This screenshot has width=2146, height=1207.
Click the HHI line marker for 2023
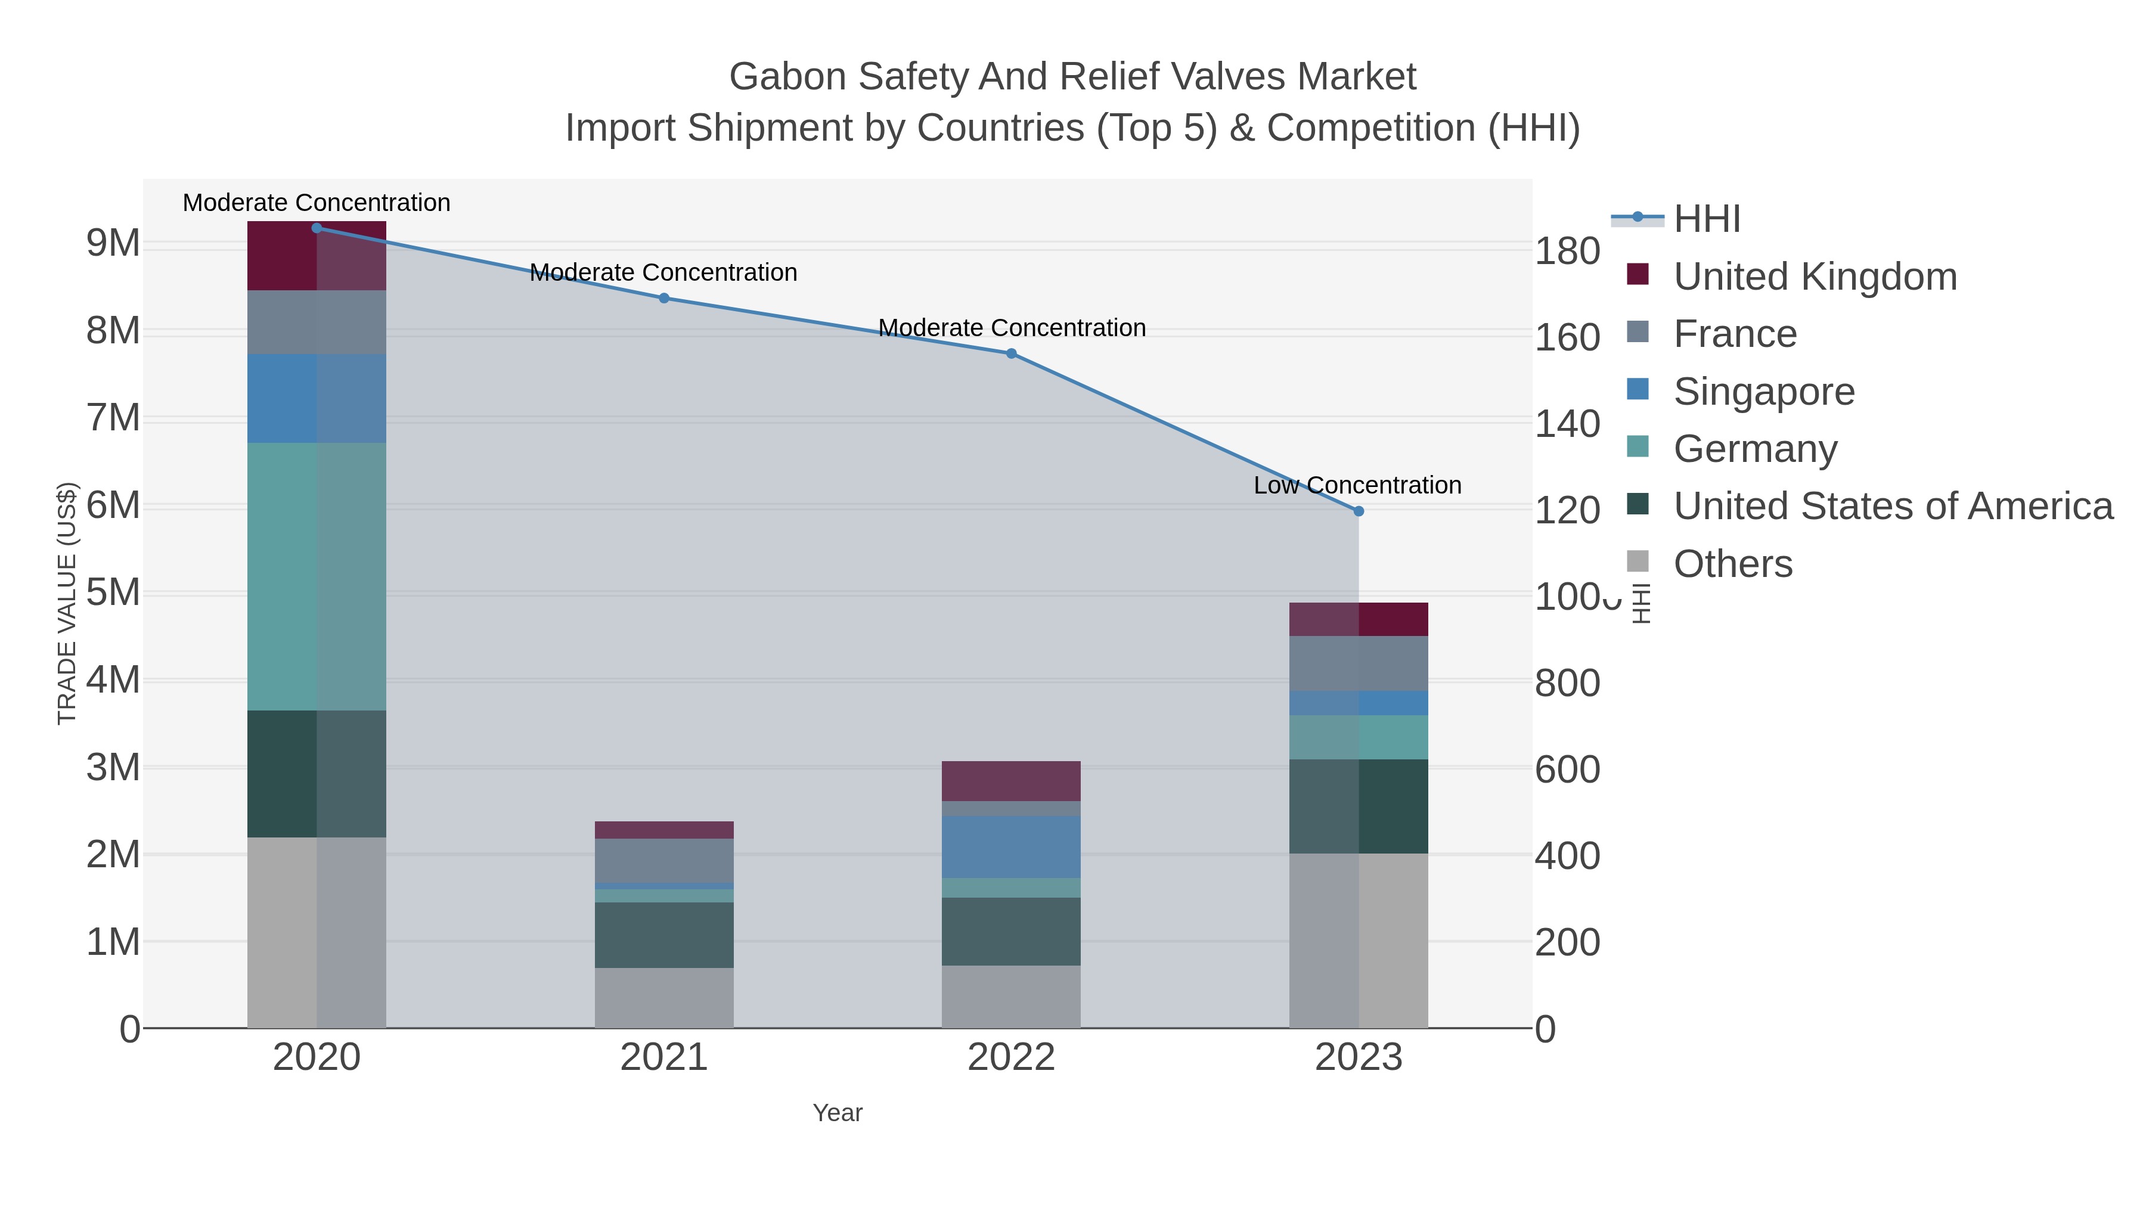point(1359,511)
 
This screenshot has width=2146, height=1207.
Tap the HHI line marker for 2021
point(664,297)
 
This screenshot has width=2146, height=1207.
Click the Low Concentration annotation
point(1357,485)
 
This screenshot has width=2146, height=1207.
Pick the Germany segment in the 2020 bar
point(317,576)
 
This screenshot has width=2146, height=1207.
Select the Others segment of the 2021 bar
point(664,997)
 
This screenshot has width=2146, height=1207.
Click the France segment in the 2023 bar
point(1359,663)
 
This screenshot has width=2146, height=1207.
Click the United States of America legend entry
point(1892,505)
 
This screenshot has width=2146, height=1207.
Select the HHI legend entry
point(1707,218)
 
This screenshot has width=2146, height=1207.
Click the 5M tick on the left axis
point(113,593)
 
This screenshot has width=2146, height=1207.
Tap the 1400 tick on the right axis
point(1566,424)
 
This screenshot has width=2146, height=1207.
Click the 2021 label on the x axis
point(664,1057)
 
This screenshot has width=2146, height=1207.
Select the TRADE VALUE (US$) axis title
point(67,603)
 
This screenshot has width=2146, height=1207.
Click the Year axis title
point(838,1112)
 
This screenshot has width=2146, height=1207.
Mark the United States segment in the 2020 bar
point(317,773)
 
